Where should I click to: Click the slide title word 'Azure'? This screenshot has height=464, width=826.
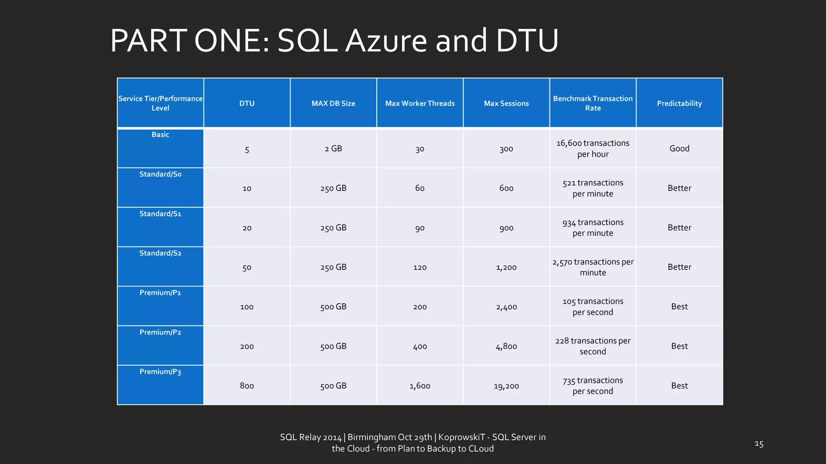(x=386, y=41)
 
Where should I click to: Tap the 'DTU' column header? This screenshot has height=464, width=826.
(x=247, y=104)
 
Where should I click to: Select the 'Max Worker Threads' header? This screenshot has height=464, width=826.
(x=420, y=104)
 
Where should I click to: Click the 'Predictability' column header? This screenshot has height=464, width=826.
(x=679, y=104)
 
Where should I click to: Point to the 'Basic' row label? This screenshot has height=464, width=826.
(x=160, y=135)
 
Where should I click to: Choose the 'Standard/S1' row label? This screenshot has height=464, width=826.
(x=160, y=213)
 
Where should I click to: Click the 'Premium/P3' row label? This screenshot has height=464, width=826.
(x=160, y=371)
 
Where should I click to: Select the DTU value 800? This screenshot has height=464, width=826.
(x=247, y=386)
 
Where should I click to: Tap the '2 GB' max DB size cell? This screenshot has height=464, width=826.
(x=333, y=149)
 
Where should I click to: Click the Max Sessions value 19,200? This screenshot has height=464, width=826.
(x=506, y=386)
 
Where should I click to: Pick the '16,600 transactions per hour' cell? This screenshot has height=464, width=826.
(x=592, y=149)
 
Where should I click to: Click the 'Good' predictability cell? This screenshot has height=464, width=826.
(x=679, y=149)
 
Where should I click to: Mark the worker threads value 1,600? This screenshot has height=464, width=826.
(x=420, y=386)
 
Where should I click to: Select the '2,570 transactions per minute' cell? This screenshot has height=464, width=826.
(x=592, y=267)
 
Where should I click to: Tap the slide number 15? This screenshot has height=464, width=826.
(x=759, y=444)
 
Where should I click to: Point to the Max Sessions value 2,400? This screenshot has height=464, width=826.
(x=506, y=307)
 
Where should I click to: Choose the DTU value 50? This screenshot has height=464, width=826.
(x=247, y=267)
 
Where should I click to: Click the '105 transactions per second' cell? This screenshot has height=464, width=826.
(x=592, y=307)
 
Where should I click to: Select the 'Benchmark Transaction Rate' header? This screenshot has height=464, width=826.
(x=592, y=104)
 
